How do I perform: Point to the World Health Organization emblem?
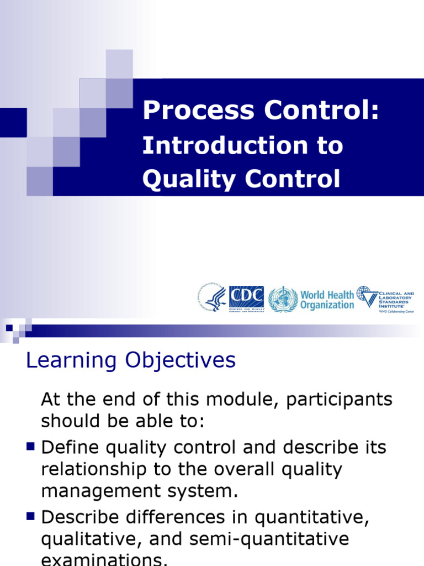(x=283, y=299)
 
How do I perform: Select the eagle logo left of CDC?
(x=213, y=299)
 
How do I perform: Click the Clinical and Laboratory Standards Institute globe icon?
(x=364, y=296)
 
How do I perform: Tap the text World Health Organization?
(x=327, y=300)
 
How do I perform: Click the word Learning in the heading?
(x=72, y=361)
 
